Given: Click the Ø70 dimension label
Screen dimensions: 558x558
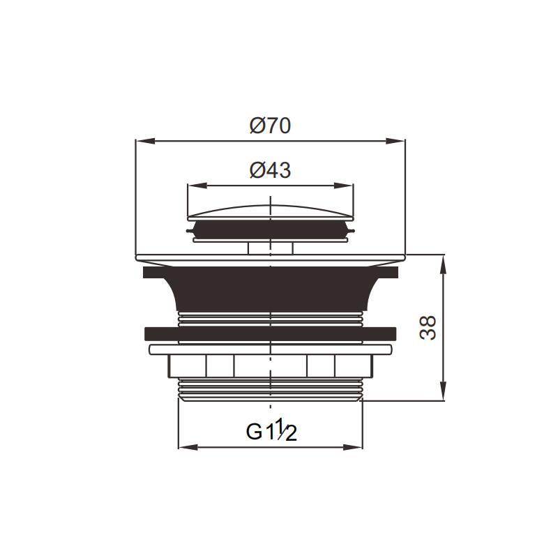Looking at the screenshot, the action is click(270, 126).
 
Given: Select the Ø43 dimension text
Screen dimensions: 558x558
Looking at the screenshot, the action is click(270, 170).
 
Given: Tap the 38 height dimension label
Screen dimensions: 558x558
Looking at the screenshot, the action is click(428, 328).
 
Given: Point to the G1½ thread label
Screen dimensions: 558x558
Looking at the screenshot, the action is click(271, 430).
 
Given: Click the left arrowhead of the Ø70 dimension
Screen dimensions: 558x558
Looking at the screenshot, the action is click(145, 142).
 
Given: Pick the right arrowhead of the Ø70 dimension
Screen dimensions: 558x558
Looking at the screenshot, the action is click(395, 142).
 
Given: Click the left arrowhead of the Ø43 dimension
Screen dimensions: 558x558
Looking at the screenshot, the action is click(197, 186).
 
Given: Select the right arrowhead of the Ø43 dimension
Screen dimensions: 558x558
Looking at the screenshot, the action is click(344, 186).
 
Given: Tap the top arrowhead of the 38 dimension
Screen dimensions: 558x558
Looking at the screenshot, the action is click(443, 264).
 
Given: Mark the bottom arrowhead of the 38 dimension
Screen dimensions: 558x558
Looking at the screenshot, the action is click(443, 391).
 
